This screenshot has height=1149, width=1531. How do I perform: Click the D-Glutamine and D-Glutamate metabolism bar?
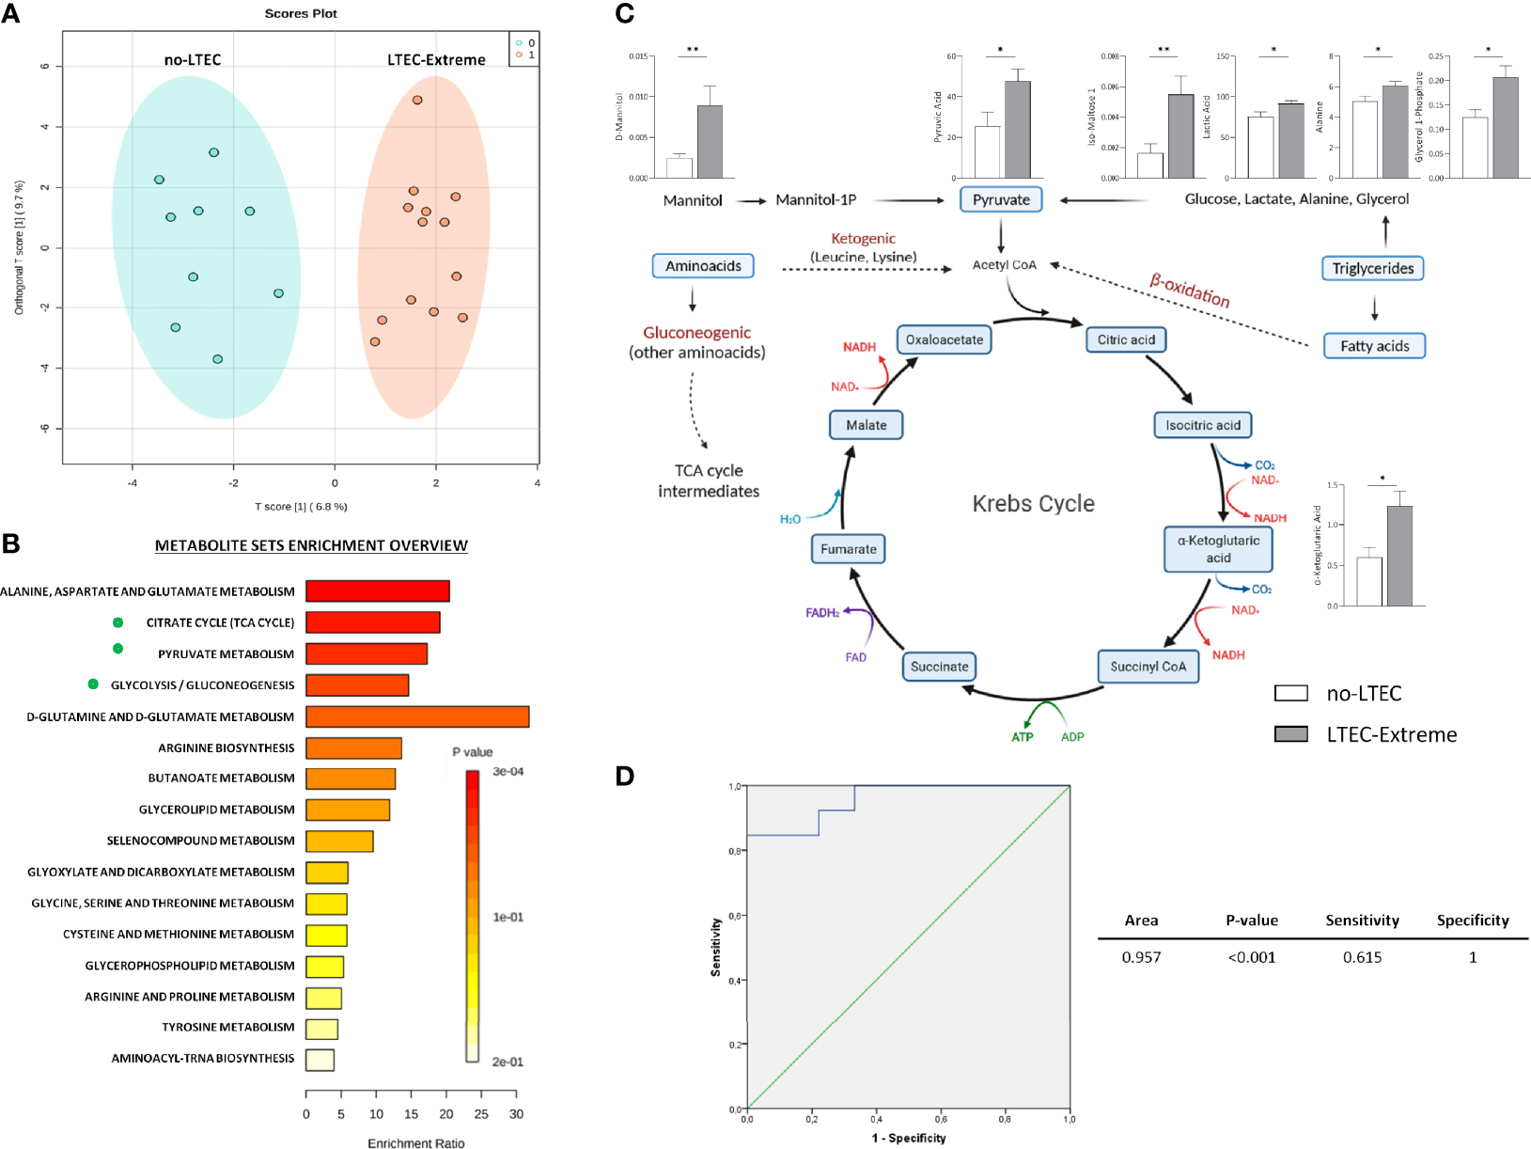pos(417,716)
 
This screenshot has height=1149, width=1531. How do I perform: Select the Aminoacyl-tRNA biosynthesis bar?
pos(320,1060)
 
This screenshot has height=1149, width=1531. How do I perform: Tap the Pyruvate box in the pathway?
pos(1001,199)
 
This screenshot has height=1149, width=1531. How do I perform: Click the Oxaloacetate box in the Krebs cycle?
pos(945,339)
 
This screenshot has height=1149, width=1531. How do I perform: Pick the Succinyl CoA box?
pos(1148,667)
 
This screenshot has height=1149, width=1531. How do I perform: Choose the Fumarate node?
pos(848,549)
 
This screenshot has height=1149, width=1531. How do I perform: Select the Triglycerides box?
pos(1372,269)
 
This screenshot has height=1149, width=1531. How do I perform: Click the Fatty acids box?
pos(1374,346)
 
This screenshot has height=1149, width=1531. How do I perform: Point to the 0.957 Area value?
pos(1141,957)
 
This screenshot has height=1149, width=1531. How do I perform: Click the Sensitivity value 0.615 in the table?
pos(1362,957)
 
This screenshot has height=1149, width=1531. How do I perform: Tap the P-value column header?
pos(1251,921)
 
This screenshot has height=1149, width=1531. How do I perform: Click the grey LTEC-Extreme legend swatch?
pos(1290,734)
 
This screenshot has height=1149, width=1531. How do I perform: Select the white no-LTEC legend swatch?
pos(1290,694)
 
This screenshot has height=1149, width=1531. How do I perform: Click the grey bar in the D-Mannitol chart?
pos(710,141)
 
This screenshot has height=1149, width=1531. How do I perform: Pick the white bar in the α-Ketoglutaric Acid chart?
pos(1369,581)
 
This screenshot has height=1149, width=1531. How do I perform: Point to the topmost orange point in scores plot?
pos(417,100)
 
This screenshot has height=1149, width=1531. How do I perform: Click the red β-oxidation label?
pos(1190,290)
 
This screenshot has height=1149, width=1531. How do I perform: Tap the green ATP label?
pos(1022,737)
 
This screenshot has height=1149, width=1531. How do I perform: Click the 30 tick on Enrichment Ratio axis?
pos(516,1114)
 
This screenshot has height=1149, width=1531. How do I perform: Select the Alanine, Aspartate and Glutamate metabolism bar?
pos(378,591)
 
